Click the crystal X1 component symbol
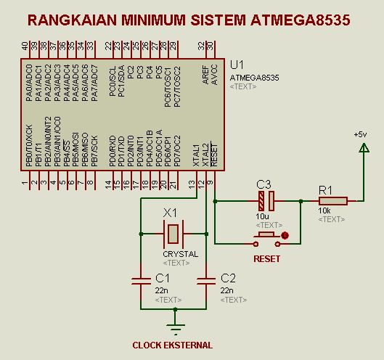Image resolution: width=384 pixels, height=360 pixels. point(173,234)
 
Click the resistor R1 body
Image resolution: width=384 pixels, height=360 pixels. point(332,201)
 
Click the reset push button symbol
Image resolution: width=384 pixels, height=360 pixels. point(266,236)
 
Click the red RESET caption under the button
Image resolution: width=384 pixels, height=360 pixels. point(266,258)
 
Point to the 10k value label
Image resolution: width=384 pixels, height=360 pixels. point(324,210)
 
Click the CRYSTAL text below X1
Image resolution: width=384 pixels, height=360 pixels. point(180,254)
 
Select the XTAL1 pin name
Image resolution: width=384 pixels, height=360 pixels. point(197,155)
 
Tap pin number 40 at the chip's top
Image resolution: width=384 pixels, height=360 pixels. point(25,46)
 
